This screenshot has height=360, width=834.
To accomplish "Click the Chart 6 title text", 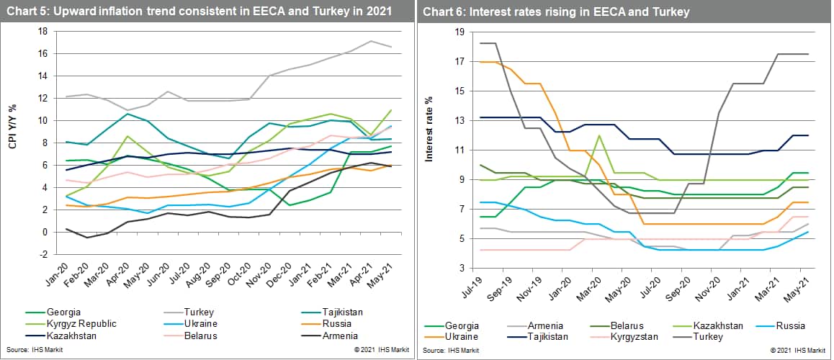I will pos(555,12).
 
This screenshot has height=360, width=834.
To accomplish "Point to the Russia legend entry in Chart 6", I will pos(787,325).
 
